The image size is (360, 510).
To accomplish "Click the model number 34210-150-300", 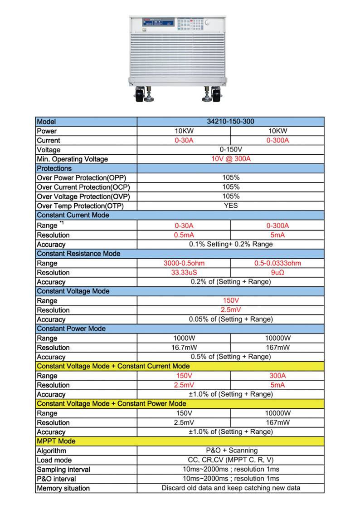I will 230,122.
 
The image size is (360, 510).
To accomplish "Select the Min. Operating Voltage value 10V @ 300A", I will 230,159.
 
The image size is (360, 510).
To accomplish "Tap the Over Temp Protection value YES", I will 230,206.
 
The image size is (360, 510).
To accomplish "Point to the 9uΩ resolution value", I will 277,272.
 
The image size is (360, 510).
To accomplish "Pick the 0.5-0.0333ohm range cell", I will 277,263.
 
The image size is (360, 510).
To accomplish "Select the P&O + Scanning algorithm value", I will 230,451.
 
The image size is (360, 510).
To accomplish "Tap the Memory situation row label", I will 63,488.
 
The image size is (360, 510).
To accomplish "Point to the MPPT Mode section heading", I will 56,441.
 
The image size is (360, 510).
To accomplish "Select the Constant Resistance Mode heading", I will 78,254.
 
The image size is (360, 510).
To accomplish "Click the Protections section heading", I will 54,168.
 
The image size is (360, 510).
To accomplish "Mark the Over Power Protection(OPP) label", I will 81,178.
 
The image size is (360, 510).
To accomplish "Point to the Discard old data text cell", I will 230,488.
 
